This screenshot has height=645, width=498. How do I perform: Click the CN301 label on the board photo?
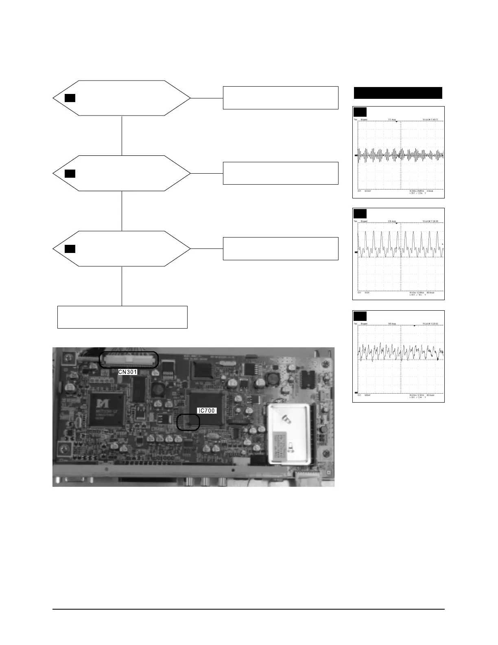128,372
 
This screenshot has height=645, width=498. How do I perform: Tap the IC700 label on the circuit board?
206,411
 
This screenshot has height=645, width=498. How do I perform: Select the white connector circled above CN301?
129,360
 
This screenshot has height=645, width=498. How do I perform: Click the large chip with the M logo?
107,410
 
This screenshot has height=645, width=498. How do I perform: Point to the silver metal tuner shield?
290,434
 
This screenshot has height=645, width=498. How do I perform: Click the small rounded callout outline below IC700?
188,422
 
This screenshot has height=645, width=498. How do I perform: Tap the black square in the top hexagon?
70,98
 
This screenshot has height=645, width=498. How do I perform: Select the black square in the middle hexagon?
70,174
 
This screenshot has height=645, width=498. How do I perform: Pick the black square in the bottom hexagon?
70,248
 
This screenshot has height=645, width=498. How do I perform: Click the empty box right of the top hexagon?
280,98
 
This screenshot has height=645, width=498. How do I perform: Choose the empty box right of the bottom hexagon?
280,248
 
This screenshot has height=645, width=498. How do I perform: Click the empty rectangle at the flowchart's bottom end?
122,317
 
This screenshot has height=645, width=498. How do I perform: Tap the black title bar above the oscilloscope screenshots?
398,93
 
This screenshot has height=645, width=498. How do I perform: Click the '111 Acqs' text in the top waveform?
392,120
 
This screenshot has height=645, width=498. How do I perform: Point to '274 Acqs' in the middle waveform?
392,221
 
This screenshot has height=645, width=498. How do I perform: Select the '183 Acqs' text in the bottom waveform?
392,324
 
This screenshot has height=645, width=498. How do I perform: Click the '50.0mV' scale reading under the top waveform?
367,191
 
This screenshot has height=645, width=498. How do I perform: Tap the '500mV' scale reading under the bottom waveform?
367,395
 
